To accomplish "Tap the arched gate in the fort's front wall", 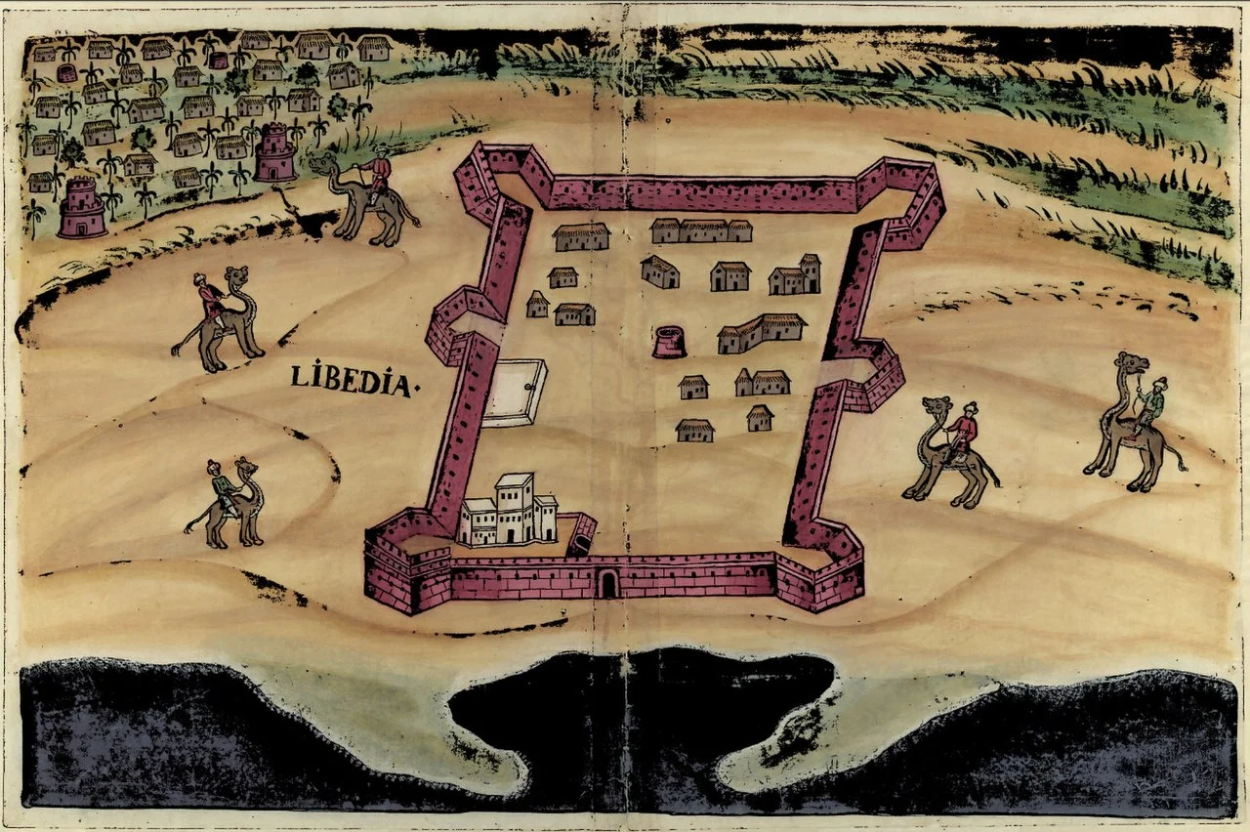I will [x=608, y=584].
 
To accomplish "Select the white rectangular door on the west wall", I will [x=514, y=392].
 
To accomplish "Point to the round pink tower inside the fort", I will [x=669, y=342].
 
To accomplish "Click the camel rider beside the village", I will [x=377, y=176].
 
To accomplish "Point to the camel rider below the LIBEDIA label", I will [x=224, y=485].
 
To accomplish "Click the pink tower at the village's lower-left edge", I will [x=82, y=208].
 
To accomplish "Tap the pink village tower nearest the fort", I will [x=275, y=152].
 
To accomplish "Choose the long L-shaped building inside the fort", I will [x=761, y=333].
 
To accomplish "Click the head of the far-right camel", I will [x=1133, y=364].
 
